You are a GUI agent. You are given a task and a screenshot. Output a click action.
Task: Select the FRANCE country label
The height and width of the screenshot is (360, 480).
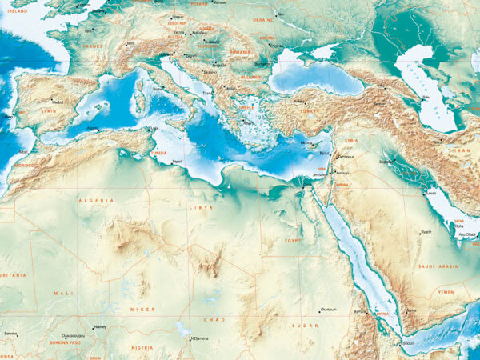click(x=94, y=47)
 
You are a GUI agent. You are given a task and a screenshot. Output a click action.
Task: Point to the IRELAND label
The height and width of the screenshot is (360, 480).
click(x=17, y=11)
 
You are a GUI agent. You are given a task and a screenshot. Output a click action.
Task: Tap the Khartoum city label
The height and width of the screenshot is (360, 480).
click(x=328, y=309)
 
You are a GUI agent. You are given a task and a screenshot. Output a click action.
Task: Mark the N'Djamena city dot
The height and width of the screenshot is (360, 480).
click(x=190, y=337)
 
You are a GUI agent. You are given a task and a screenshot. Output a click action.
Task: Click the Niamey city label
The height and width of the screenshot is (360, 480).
click(x=100, y=326)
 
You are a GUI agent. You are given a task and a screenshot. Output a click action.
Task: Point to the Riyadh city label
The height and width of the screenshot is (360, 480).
click(x=426, y=232)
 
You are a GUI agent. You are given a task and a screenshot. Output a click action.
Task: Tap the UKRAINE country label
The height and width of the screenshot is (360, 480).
click(x=263, y=18)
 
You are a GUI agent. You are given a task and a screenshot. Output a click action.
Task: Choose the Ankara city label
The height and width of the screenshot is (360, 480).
click(x=299, y=101)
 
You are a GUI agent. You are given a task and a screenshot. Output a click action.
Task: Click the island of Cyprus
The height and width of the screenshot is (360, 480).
click(x=307, y=146)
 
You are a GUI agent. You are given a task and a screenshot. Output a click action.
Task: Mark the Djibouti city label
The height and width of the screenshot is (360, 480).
click(x=408, y=344)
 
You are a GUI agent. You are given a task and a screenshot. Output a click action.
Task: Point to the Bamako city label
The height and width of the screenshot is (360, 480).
click(x=10, y=332)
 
